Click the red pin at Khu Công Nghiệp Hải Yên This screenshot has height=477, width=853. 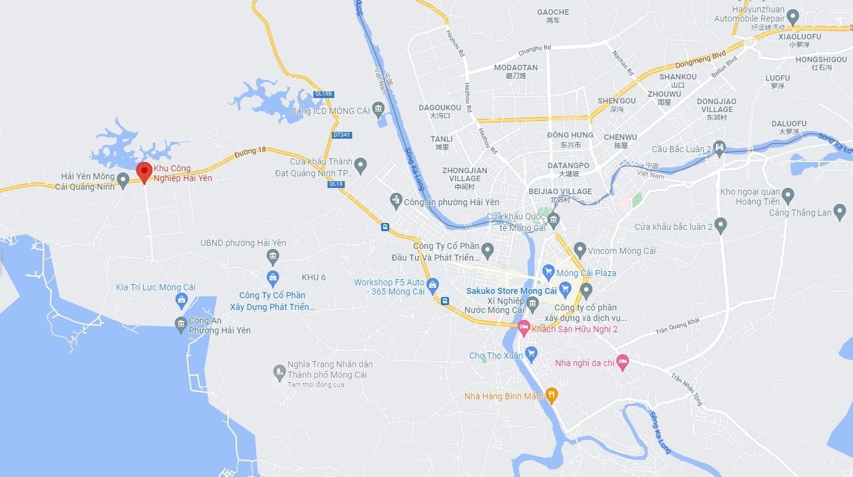144,172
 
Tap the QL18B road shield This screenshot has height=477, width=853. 323,94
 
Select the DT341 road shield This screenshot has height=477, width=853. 341,134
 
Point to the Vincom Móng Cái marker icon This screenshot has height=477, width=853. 579,250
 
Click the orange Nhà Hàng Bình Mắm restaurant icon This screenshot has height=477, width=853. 551,396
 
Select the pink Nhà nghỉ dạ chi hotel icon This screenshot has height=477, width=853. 622,362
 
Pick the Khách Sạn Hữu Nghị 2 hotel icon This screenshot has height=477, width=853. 524,328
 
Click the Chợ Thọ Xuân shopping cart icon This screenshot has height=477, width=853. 531,355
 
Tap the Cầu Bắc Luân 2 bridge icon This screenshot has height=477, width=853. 719,149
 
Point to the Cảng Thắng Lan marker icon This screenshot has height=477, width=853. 839,213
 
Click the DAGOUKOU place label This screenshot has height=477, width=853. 440,108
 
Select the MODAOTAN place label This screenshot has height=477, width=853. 516,68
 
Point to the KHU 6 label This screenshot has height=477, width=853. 313,277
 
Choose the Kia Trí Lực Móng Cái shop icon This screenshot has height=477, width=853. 181,301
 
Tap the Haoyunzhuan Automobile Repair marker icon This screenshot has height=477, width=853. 793,17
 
